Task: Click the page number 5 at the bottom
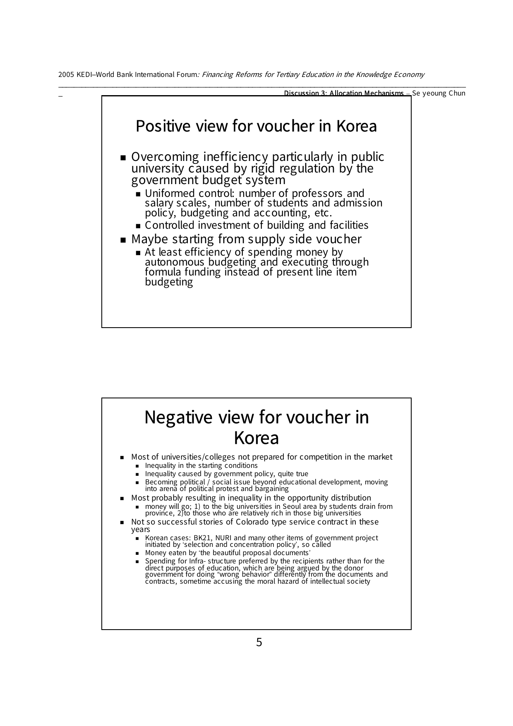coord(259,642)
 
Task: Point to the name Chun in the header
coord(457,93)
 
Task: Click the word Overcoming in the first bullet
coord(165,157)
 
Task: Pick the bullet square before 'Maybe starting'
coord(123,240)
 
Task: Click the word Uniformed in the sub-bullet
coord(170,193)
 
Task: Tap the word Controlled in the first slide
coord(170,225)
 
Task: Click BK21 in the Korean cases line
coord(203,538)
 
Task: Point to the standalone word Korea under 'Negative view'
coord(256,438)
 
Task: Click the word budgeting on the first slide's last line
coord(169,282)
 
